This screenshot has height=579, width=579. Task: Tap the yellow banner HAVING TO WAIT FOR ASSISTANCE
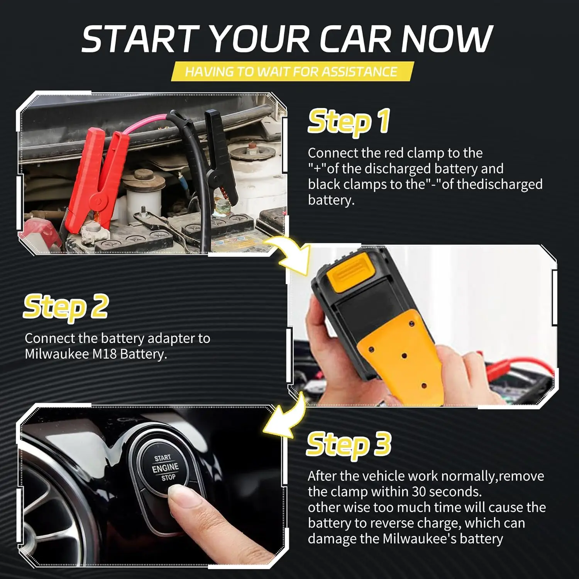click(x=292, y=72)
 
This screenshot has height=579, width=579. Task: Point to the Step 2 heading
click(x=66, y=307)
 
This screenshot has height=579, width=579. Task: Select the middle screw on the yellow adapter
click(x=404, y=356)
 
